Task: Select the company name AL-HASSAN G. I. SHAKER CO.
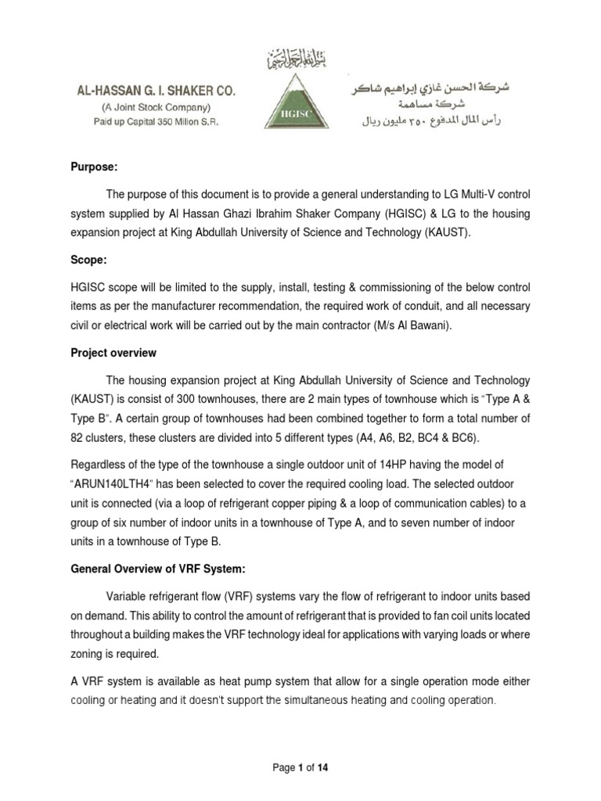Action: [155, 92]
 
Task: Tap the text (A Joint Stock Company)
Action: [155, 107]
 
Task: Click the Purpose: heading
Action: [88, 166]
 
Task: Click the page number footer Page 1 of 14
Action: [300, 768]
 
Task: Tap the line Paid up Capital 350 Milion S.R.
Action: [155, 121]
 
